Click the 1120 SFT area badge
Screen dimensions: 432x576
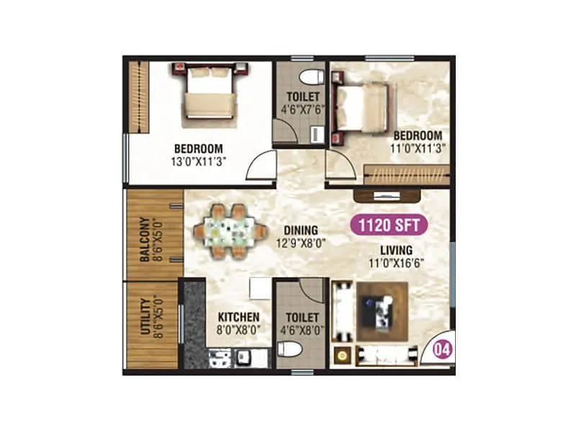tap(389, 225)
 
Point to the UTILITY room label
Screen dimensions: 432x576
tap(145, 318)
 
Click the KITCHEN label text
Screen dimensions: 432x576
tap(238, 317)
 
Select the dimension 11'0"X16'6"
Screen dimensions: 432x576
tap(397, 263)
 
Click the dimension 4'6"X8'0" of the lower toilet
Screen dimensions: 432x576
tap(302, 329)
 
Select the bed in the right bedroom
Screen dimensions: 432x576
tap(364, 107)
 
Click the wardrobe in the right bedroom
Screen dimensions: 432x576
tap(407, 173)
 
